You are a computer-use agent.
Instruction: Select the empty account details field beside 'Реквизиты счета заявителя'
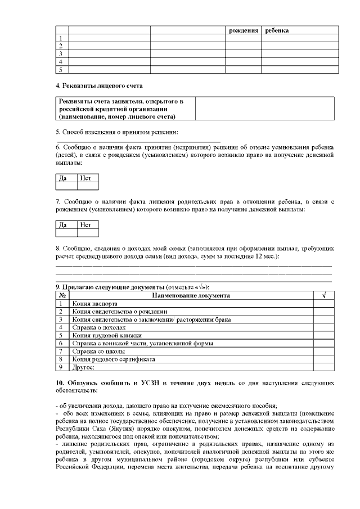tap(266, 109)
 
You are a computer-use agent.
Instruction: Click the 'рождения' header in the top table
tap(244, 30)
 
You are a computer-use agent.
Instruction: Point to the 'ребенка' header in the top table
tap(277, 30)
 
